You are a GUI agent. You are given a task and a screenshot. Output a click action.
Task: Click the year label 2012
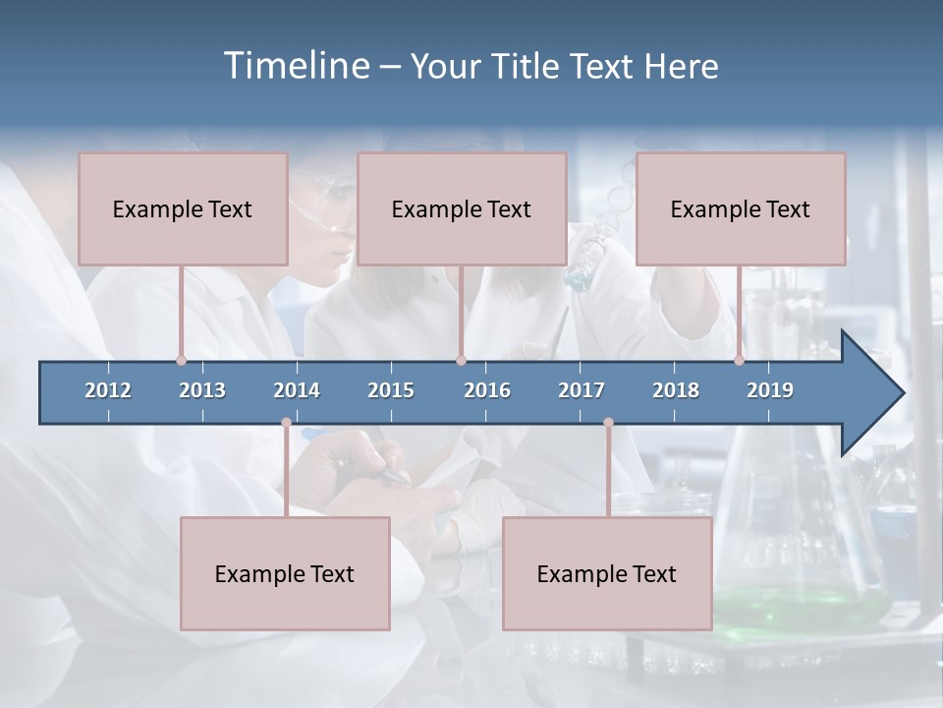click(108, 390)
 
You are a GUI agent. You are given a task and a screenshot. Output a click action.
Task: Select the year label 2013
click(202, 390)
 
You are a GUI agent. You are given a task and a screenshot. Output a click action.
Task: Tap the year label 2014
click(297, 390)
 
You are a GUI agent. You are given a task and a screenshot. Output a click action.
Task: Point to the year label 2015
click(391, 390)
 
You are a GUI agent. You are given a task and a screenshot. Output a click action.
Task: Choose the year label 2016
click(487, 390)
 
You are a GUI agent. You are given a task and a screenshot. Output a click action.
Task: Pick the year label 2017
click(582, 390)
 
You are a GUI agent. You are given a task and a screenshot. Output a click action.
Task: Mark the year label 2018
click(676, 390)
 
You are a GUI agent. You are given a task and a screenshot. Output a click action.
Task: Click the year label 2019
click(770, 390)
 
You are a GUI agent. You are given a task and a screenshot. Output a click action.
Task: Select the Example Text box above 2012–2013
click(183, 208)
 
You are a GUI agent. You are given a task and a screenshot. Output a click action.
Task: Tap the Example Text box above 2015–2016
click(462, 208)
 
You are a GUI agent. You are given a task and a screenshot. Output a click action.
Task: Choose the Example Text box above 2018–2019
click(741, 208)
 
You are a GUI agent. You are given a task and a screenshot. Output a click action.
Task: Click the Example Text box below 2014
click(285, 573)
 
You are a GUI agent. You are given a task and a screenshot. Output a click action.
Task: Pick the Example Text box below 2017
click(607, 573)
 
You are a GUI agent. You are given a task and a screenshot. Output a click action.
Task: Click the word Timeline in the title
click(297, 66)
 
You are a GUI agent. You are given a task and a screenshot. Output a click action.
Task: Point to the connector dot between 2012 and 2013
click(181, 361)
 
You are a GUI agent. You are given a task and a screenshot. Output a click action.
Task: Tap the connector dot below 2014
click(286, 423)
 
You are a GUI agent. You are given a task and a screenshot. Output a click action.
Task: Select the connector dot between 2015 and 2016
click(461, 361)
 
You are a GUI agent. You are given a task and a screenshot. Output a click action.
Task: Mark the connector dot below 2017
click(608, 423)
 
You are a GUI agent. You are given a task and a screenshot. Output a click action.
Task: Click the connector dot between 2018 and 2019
click(739, 361)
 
